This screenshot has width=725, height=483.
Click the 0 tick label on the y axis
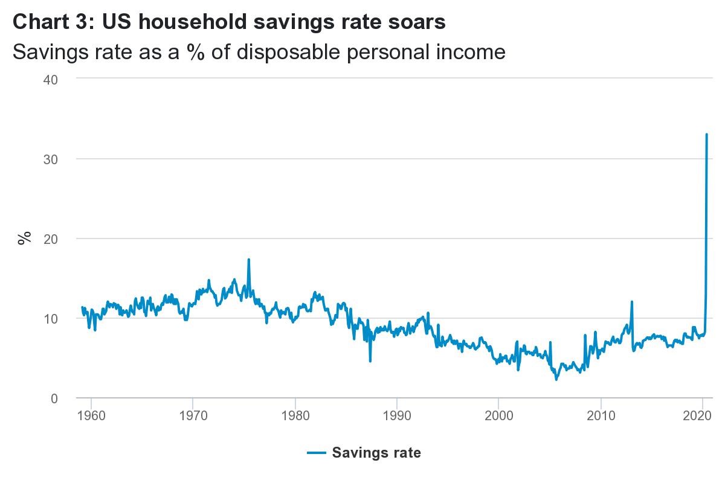pos(53,398)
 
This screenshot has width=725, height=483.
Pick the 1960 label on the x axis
pos(91,417)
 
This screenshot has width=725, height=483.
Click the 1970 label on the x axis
pos(192,417)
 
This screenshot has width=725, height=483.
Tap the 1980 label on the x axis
pos(294,417)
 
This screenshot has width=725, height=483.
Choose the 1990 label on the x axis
pos(396,417)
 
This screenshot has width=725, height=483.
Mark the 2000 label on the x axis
pos(498,417)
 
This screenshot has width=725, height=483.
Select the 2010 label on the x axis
pos(601,417)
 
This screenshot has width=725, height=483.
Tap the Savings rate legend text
pos(376,453)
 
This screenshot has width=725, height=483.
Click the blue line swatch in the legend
pos(316,453)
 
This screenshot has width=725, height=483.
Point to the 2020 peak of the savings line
pos(706,135)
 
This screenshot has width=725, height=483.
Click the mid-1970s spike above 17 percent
pos(248,260)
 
